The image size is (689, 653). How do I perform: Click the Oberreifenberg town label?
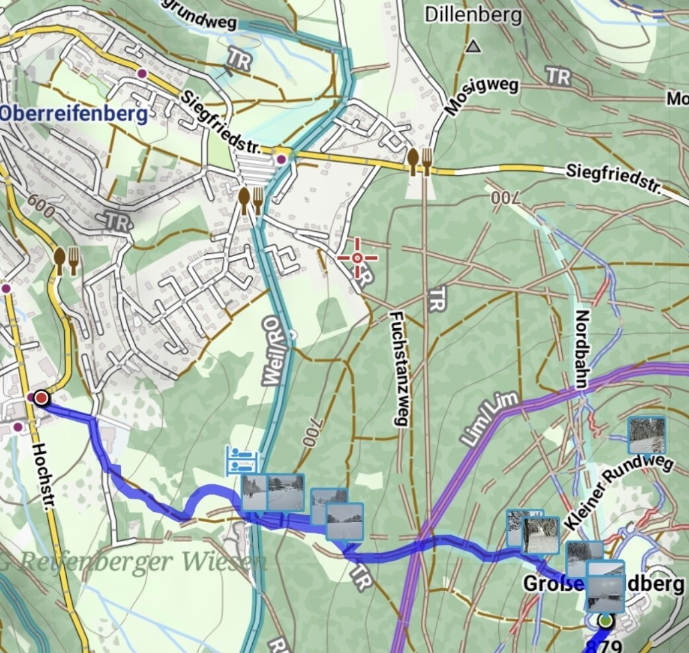coord(74,114)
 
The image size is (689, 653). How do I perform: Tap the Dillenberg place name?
coord(474,15)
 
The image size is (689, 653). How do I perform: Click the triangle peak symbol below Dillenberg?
coord(474,47)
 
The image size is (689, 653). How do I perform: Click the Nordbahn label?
coord(581,349)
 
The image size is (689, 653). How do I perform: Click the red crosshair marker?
coord(357,258)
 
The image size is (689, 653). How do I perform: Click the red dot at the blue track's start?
coord(41,398)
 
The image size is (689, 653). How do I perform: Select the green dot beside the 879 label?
coord(605,622)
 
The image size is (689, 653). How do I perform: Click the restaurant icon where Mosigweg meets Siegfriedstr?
coord(419,160)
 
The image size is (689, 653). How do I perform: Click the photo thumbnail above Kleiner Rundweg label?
coord(647,435)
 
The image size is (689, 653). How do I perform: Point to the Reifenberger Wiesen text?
coord(140,561)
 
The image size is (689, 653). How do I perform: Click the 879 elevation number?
coord(607,646)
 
